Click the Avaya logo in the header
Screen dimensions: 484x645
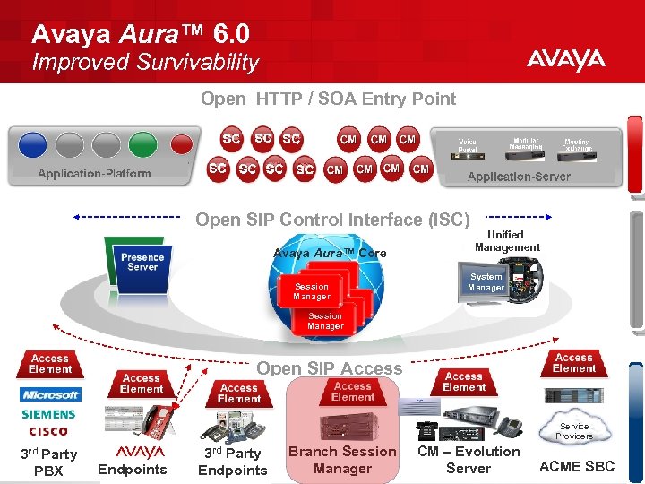(x=565, y=61)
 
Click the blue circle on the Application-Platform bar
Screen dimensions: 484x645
(x=32, y=144)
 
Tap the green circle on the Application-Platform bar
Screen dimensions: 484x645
(x=142, y=144)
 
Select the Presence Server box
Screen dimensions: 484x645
(x=142, y=262)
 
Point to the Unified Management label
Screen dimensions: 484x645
(x=507, y=241)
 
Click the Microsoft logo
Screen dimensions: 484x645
(x=50, y=394)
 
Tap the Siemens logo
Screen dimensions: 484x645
(x=49, y=414)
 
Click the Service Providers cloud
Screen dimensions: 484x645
(x=574, y=431)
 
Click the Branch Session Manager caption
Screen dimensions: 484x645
(x=342, y=460)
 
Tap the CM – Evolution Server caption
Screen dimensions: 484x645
(x=469, y=460)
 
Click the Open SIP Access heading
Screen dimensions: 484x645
(x=330, y=368)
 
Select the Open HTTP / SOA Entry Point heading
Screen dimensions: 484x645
(x=328, y=99)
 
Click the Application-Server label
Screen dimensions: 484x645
(x=519, y=177)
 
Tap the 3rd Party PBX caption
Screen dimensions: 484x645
(x=48, y=462)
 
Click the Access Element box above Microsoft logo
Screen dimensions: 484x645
(x=50, y=363)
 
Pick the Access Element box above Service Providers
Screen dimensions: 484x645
(x=574, y=362)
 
